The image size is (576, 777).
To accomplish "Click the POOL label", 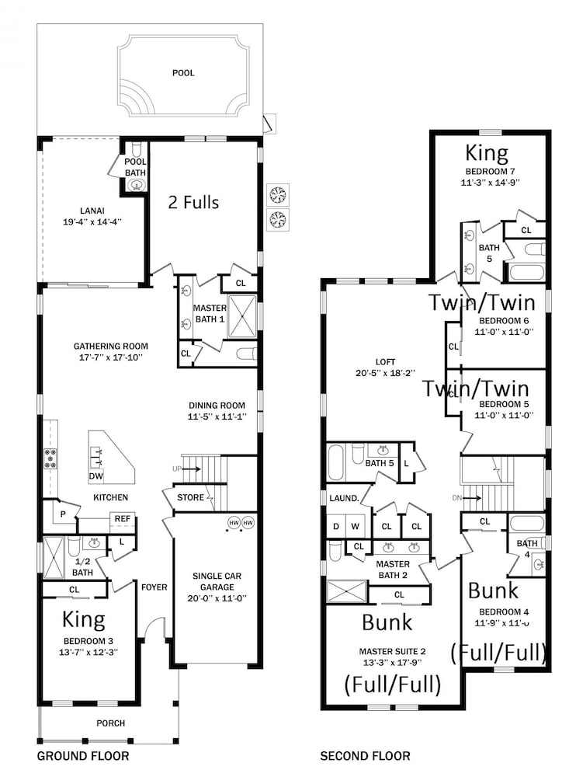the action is pos(183,73).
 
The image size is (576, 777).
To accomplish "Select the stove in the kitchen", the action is pos(50,458).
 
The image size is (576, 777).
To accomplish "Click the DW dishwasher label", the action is pos(96,476).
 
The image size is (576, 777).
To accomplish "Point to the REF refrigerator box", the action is pos(123,519).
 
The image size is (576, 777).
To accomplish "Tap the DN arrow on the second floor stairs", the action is pos(470,497).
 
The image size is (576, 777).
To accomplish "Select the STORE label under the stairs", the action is pos(191,497).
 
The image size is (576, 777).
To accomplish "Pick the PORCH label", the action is pos(110,723).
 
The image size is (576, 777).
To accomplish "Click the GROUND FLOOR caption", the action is pos(83,756).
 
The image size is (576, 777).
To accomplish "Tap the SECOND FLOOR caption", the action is pos(365,756).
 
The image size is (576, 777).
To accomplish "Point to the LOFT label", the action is pos(385,362).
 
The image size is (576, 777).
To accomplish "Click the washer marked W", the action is pos(355,526).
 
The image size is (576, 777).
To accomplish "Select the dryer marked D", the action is pos(336,526).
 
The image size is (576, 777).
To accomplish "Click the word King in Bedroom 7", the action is pos(487,153).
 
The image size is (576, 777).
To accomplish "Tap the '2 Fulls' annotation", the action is pos(193,202).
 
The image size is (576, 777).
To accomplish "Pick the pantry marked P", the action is pos(64,514).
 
